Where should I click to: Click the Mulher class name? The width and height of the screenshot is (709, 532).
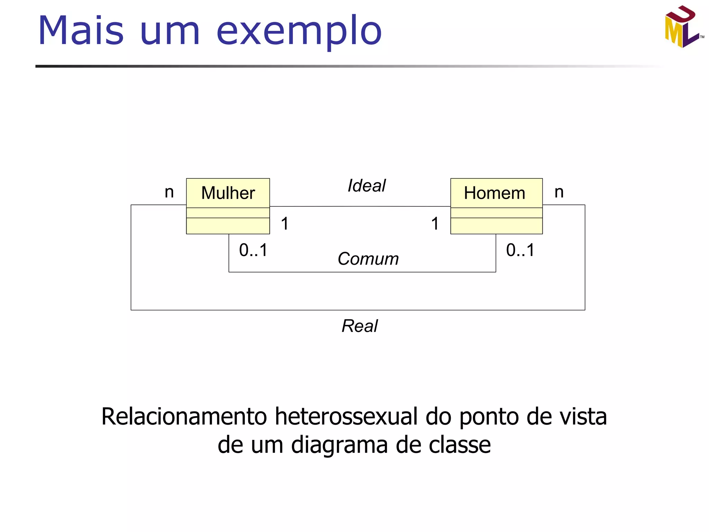(228, 193)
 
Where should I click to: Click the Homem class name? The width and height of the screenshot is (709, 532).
(494, 193)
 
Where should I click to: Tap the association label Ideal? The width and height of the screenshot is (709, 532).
(366, 186)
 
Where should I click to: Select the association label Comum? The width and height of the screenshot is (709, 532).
(368, 259)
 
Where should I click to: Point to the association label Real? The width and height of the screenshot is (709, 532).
(360, 326)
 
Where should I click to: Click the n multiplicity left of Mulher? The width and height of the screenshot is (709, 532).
(169, 192)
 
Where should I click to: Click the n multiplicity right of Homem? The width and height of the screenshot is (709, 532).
(559, 192)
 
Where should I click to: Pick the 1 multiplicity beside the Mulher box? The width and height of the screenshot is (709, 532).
(285, 223)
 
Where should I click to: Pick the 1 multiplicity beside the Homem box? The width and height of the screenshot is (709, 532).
(435, 223)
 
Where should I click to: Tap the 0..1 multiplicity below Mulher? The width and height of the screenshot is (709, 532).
(253, 250)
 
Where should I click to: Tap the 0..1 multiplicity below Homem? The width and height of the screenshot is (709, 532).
(520, 250)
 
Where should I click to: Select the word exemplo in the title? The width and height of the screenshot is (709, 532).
(299, 31)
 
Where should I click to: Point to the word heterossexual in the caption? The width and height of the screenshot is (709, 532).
(346, 416)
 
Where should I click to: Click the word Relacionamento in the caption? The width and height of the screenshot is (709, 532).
(184, 416)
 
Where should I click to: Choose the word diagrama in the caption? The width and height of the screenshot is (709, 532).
(339, 445)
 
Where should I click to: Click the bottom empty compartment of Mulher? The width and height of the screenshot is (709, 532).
(228, 226)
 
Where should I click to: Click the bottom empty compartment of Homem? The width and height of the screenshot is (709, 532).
(496, 226)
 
